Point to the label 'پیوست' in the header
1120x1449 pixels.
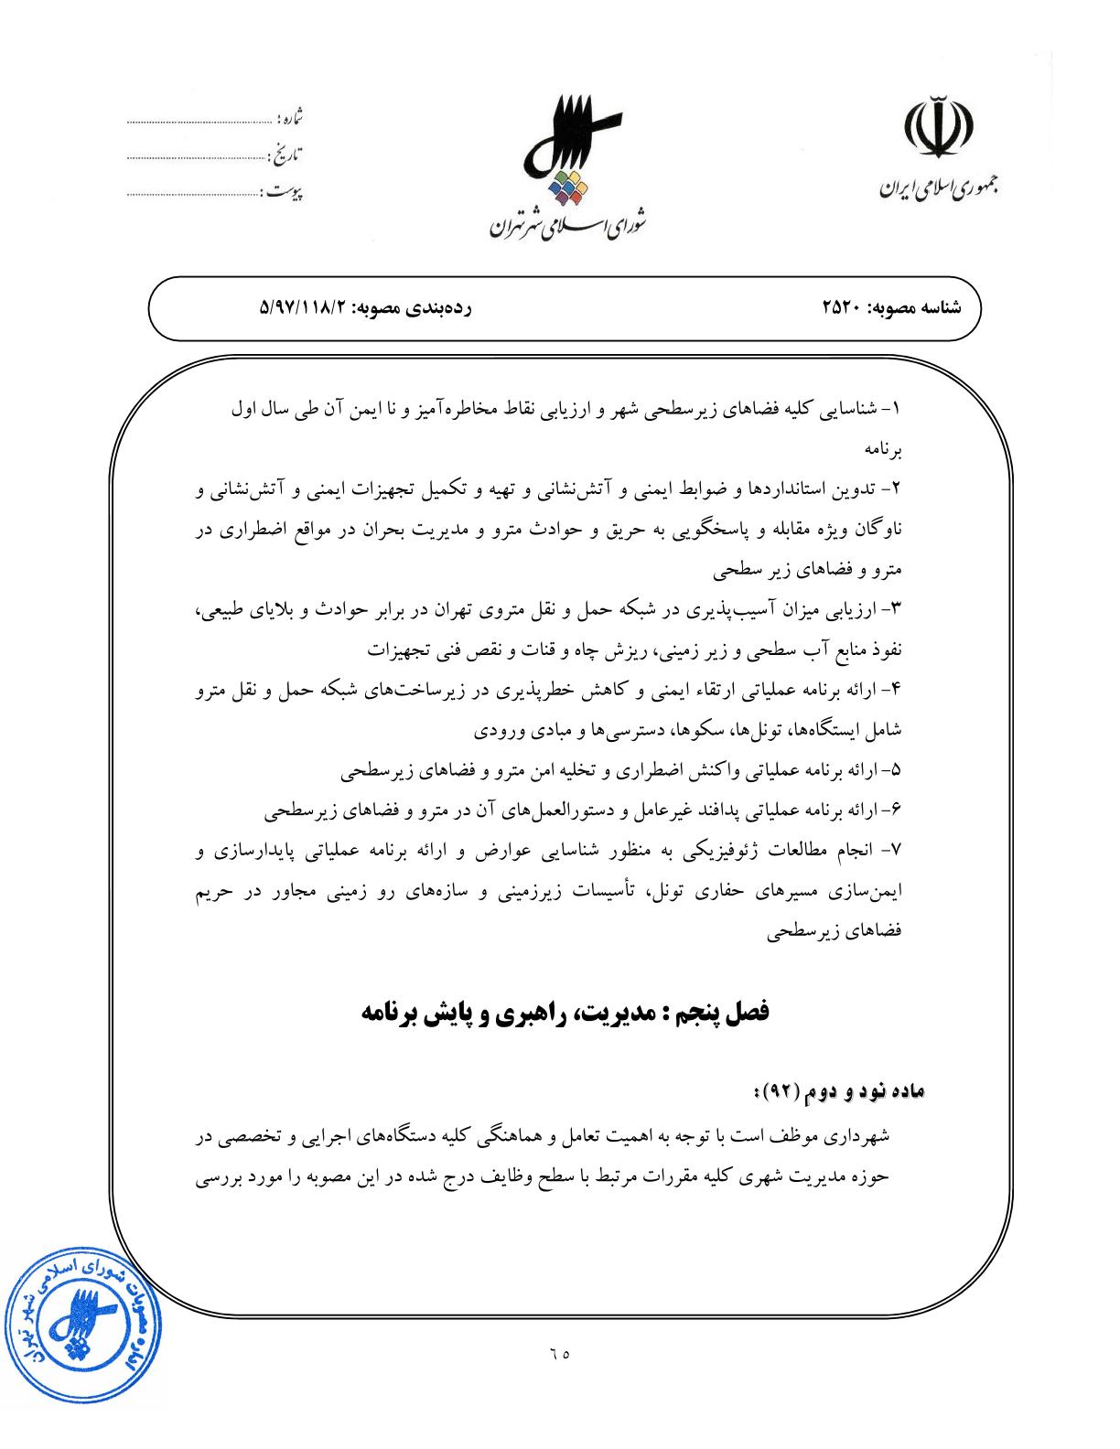(283, 192)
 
